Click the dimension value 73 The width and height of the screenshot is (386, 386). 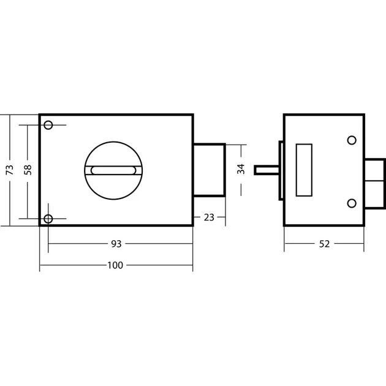[x=10, y=170]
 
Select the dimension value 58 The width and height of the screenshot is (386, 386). [x=28, y=170]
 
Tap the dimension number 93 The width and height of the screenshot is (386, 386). [x=116, y=244]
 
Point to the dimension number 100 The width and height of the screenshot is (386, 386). [x=115, y=265]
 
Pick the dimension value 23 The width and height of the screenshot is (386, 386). [x=209, y=218]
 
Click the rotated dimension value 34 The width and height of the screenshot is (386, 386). [x=241, y=169]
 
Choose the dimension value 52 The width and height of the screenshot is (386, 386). [x=324, y=244]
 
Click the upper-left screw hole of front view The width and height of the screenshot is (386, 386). [x=48, y=125]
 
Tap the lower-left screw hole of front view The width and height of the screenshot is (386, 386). [x=48, y=219]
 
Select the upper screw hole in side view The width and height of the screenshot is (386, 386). [x=352, y=140]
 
